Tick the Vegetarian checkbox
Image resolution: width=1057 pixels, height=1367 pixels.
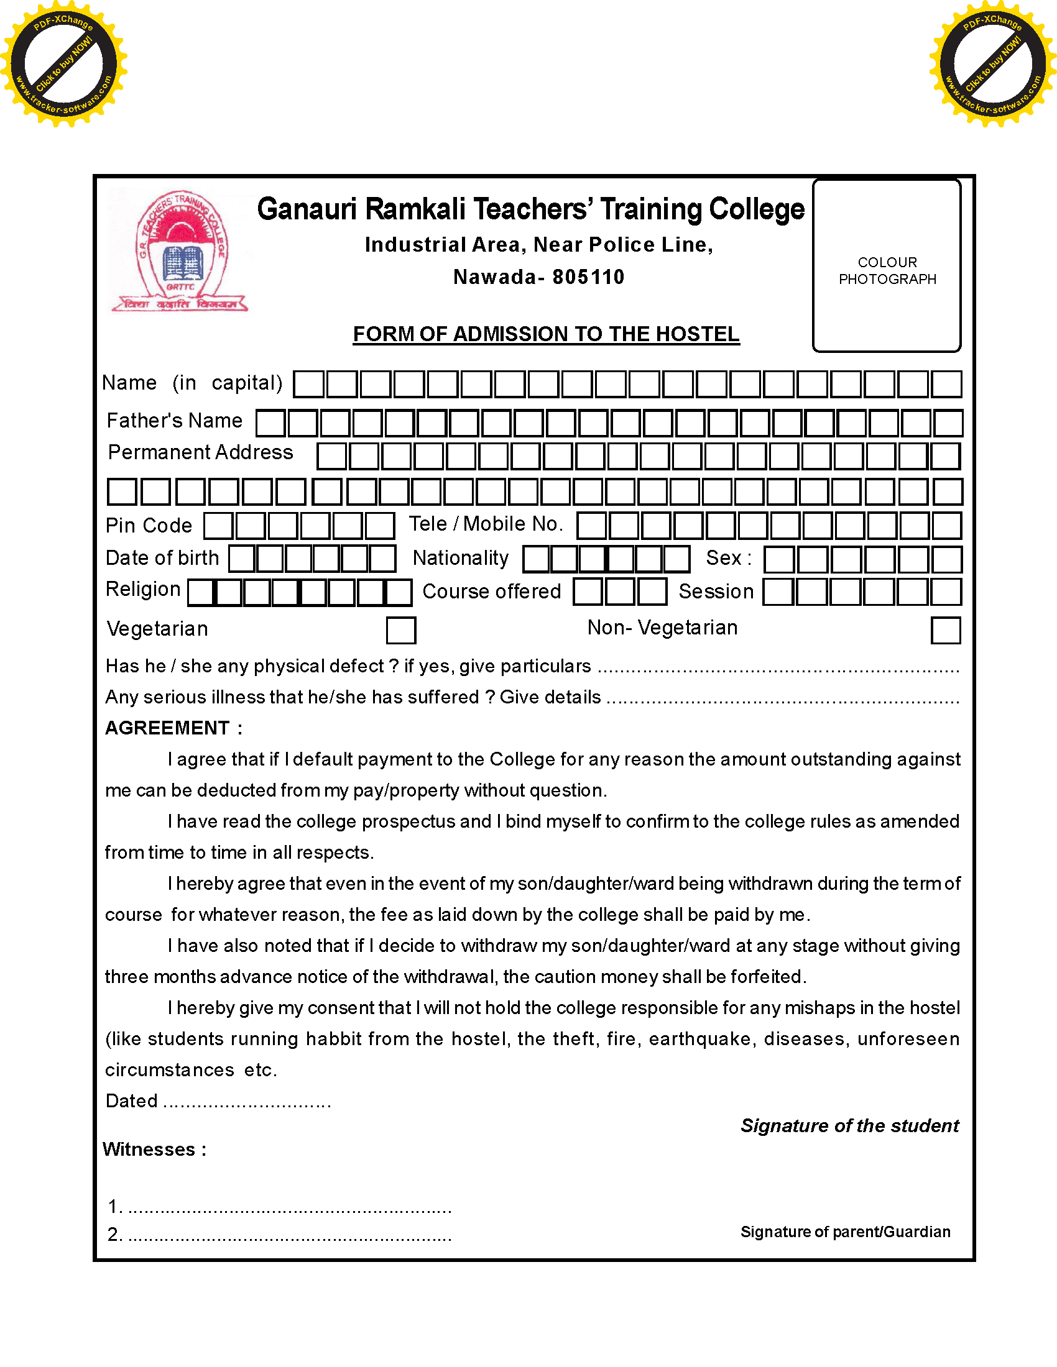pos(401,630)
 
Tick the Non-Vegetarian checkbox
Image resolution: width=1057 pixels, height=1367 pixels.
pos(946,630)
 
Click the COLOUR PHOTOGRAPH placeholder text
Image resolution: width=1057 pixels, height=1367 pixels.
pos(887,270)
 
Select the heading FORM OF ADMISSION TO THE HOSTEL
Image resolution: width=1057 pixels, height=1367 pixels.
pos(546,334)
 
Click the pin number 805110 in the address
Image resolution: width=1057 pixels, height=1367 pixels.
pos(588,277)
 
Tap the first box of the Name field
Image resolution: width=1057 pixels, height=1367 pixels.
pos(309,384)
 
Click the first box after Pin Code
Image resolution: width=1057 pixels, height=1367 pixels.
pos(218,526)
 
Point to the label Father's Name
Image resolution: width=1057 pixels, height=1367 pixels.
pos(174,421)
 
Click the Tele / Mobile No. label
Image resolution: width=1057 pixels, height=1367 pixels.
pos(486,524)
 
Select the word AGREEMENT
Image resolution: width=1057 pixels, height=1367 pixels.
pos(167,728)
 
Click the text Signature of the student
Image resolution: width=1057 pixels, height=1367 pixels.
pos(849,1126)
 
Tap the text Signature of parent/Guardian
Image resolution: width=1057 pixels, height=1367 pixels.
pos(845,1232)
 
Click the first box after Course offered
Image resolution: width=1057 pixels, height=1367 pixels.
pos(588,592)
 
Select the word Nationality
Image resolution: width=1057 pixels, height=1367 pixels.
pos(460,558)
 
